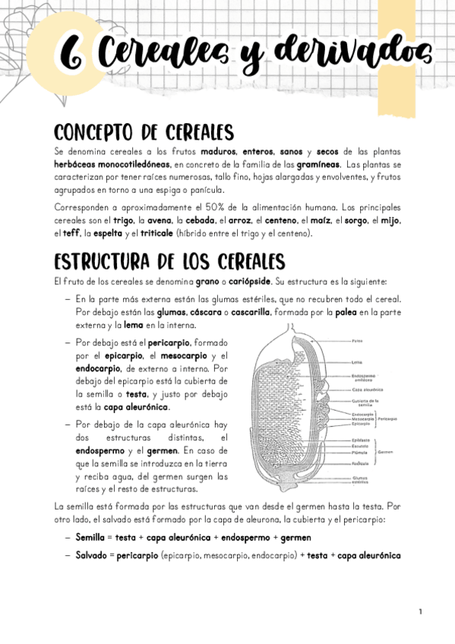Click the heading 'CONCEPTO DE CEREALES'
point(144,132)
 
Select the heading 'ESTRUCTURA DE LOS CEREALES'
point(169,261)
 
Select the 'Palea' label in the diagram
point(357,339)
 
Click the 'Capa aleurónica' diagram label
point(366,388)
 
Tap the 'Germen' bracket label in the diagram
point(384,451)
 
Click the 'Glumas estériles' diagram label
point(360,480)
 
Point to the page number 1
point(420,611)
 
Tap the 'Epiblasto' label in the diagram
point(361,440)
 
